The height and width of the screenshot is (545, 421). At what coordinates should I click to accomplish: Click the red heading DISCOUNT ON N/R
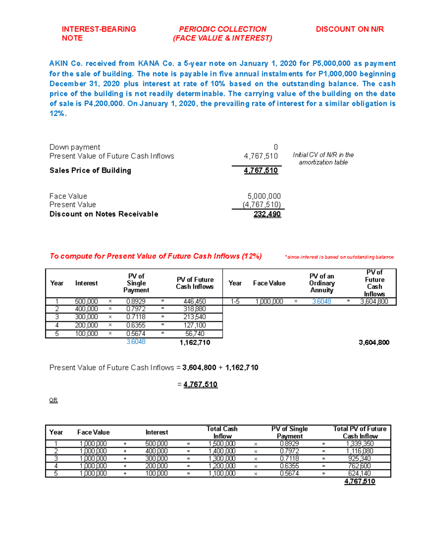click(349, 29)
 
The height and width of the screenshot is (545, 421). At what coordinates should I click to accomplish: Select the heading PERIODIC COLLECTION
click(222, 29)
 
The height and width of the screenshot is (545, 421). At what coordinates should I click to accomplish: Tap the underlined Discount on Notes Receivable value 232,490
click(267, 214)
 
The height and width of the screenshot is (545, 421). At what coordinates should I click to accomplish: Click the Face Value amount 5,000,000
click(264, 196)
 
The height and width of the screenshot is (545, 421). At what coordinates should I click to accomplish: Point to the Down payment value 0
click(275, 147)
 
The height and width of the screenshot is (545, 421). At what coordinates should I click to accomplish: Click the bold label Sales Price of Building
click(90, 171)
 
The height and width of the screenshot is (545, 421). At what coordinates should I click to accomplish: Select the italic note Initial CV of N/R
click(323, 158)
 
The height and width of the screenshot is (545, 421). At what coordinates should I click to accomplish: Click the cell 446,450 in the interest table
click(194, 301)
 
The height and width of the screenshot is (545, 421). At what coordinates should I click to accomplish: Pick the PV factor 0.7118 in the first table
click(136, 317)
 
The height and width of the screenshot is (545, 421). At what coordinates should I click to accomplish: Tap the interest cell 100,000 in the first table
click(86, 334)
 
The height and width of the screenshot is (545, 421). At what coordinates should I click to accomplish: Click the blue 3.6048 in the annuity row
click(321, 301)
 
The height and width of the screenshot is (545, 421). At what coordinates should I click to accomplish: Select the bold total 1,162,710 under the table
click(195, 343)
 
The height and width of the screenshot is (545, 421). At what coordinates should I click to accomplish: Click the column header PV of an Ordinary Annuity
click(322, 283)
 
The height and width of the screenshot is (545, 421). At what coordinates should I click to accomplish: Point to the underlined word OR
click(53, 400)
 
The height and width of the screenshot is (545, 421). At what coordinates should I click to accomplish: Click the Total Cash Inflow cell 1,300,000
click(222, 459)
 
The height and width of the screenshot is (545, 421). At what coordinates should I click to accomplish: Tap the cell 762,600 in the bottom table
click(360, 466)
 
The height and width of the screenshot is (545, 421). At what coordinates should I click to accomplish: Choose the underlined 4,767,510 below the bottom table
click(360, 481)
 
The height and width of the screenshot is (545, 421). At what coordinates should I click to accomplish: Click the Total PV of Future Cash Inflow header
click(360, 432)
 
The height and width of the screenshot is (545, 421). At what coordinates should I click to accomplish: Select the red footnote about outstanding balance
click(339, 257)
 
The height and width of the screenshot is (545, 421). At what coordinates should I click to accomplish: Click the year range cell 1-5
click(235, 301)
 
